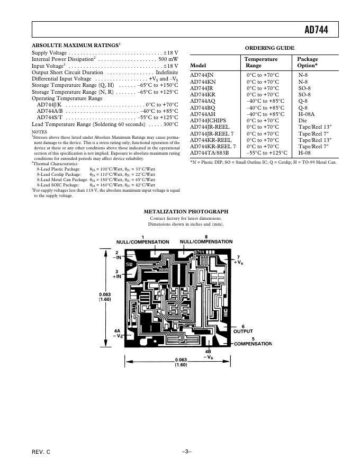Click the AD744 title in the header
(316, 31)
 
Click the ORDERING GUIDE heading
(269, 48)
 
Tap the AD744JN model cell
(203, 76)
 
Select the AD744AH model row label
(203, 114)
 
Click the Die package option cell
(302, 120)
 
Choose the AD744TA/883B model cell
(209, 153)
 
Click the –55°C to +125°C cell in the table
(267, 153)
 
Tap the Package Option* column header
(308, 62)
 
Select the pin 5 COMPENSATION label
(253, 342)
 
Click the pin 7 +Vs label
(239, 260)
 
